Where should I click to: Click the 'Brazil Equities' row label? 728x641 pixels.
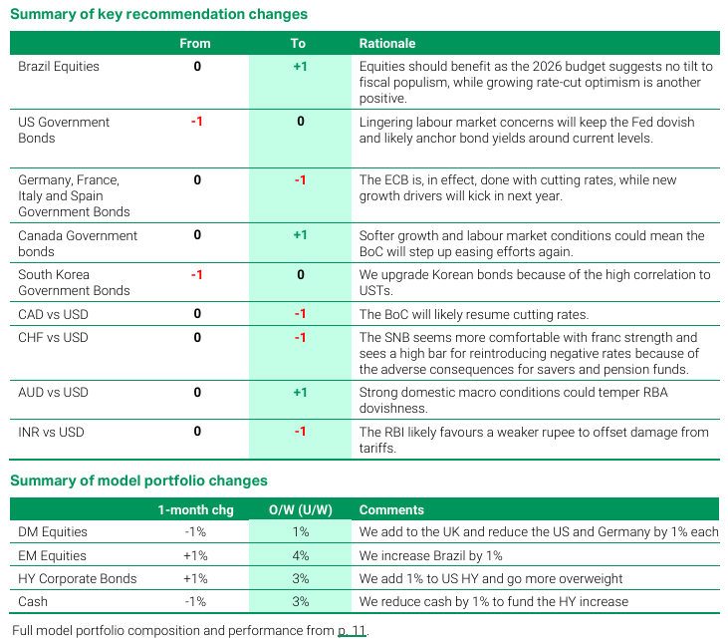coord(59,67)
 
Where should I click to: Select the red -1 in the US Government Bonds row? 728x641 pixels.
coord(196,122)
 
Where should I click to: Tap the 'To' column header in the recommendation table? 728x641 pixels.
coord(299,44)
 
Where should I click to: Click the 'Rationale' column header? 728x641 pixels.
coord(387,44)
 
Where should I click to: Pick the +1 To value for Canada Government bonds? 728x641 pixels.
coord(300,236)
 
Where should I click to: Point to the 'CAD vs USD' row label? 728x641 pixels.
coord(53,314)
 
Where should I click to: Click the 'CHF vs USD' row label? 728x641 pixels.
coord(53,338)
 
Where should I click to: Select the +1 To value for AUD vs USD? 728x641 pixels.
coord(300,393)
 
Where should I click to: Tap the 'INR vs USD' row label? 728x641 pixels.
coord(52,432)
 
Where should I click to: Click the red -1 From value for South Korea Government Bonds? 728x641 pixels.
coord(196,275)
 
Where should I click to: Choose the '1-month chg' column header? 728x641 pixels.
coord(195,509)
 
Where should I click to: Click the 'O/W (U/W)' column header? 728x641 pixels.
coord(300,509)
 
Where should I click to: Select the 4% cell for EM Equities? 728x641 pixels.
coord(300,555)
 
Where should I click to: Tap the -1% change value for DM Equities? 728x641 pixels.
coord(195,532)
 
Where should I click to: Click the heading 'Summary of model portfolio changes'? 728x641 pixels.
coord(138,481)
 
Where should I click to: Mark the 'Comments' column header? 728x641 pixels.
coord(391,509)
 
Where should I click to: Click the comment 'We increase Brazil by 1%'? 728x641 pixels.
coord(431,555)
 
